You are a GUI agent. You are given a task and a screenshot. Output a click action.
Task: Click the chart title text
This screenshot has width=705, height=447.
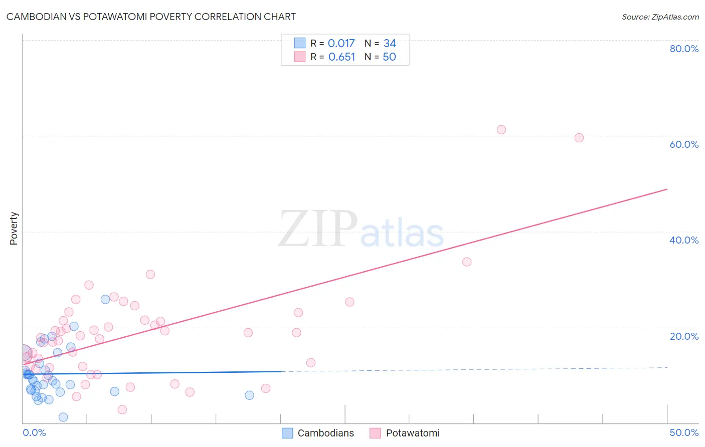click(x=151, y=17)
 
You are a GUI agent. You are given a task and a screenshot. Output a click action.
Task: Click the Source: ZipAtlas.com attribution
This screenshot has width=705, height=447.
click(x=660, y=17)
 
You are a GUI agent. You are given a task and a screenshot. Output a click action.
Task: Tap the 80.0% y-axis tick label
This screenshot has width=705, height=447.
click(x=684, y=49)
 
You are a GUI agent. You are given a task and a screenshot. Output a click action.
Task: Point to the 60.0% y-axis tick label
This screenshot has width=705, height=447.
click(x=684, y=144)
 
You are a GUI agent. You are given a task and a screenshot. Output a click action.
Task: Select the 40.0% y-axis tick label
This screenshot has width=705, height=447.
click(x=684, y=240)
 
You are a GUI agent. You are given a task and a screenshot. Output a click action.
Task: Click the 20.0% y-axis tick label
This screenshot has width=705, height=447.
click(x=684, y=336)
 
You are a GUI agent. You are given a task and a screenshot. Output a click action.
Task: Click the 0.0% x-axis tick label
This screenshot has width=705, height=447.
click(x=34, y=432)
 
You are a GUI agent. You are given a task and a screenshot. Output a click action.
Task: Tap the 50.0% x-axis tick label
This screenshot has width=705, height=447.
click(x=684, y=432)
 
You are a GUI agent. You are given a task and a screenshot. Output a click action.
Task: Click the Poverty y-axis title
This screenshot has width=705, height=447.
click(x=14, y=229)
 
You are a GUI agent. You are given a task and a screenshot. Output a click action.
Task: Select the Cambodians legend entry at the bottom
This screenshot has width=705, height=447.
click(x=318, y=433)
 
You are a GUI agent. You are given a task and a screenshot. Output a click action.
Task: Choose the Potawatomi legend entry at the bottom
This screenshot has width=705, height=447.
click(x=405, y=433)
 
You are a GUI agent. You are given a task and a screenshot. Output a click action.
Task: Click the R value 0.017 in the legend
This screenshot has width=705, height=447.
click(x=341, y=44)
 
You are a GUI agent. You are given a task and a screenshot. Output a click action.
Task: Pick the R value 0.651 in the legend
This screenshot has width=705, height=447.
click(x=341, y=57)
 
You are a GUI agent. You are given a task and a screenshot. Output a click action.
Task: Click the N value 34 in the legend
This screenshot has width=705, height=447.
click(x=390, y=44)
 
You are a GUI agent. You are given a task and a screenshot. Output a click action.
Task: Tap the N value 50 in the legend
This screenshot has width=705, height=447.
click(x=389, y=57)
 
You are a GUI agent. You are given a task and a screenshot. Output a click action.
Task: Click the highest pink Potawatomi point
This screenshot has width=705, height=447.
click(x=501, y=130)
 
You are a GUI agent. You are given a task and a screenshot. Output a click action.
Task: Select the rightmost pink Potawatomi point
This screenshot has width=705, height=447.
click(x=579, y=138)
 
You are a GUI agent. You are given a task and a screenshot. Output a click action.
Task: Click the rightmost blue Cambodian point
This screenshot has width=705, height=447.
click(x=249, y=395)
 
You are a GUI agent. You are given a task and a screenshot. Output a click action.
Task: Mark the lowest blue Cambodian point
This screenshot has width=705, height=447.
click(x=63, y=417)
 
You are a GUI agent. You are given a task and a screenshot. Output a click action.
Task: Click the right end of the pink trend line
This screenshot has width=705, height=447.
click(x=667, y=189)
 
